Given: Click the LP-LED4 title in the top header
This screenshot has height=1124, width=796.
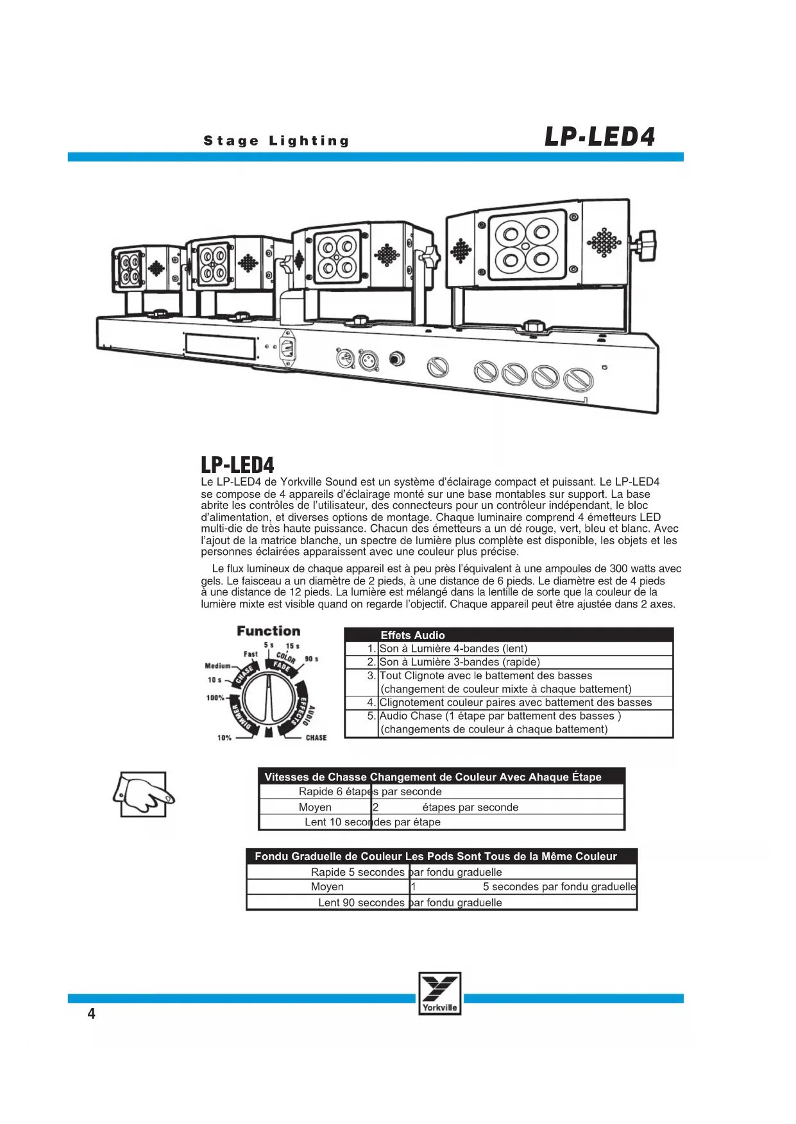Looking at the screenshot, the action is [x=599, y=136].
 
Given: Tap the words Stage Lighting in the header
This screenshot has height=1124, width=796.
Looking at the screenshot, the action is [x=276, y=141].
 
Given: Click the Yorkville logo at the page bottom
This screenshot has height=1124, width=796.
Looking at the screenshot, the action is [x=439, y=993].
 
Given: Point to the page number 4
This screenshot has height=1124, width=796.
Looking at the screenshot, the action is [x=91, y=1014].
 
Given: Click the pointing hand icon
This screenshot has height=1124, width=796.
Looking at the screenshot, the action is [x=144, y=794].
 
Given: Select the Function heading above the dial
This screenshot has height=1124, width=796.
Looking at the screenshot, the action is [x=268, y=631].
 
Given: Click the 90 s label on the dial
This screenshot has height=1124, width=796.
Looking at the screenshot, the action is [x=311, y=659].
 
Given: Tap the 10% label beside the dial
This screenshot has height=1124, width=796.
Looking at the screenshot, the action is [x=224, y=738].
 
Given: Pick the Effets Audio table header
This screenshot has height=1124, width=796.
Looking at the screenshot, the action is [x=412, y=635].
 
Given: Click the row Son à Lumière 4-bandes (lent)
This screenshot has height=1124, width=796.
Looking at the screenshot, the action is [x=453, y=649].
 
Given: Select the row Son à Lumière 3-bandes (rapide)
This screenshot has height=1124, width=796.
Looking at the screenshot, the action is [x=459, y=662].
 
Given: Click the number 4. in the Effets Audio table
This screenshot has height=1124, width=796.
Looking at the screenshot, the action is [x=371, y=702].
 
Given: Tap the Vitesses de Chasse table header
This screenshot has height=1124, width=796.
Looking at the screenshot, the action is [x=433, y=777].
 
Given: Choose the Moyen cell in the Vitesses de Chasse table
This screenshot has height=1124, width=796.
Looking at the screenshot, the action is [x=315, y=807].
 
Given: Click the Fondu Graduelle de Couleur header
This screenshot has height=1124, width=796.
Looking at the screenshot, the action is [x=436, y=856].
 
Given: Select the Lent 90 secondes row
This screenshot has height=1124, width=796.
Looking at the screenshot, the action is [x=410, y=902].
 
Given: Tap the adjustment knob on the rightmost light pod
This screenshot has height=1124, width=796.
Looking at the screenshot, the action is [x=646, y=245].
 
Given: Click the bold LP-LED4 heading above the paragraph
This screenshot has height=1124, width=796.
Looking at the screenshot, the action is [x=237, y=465].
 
